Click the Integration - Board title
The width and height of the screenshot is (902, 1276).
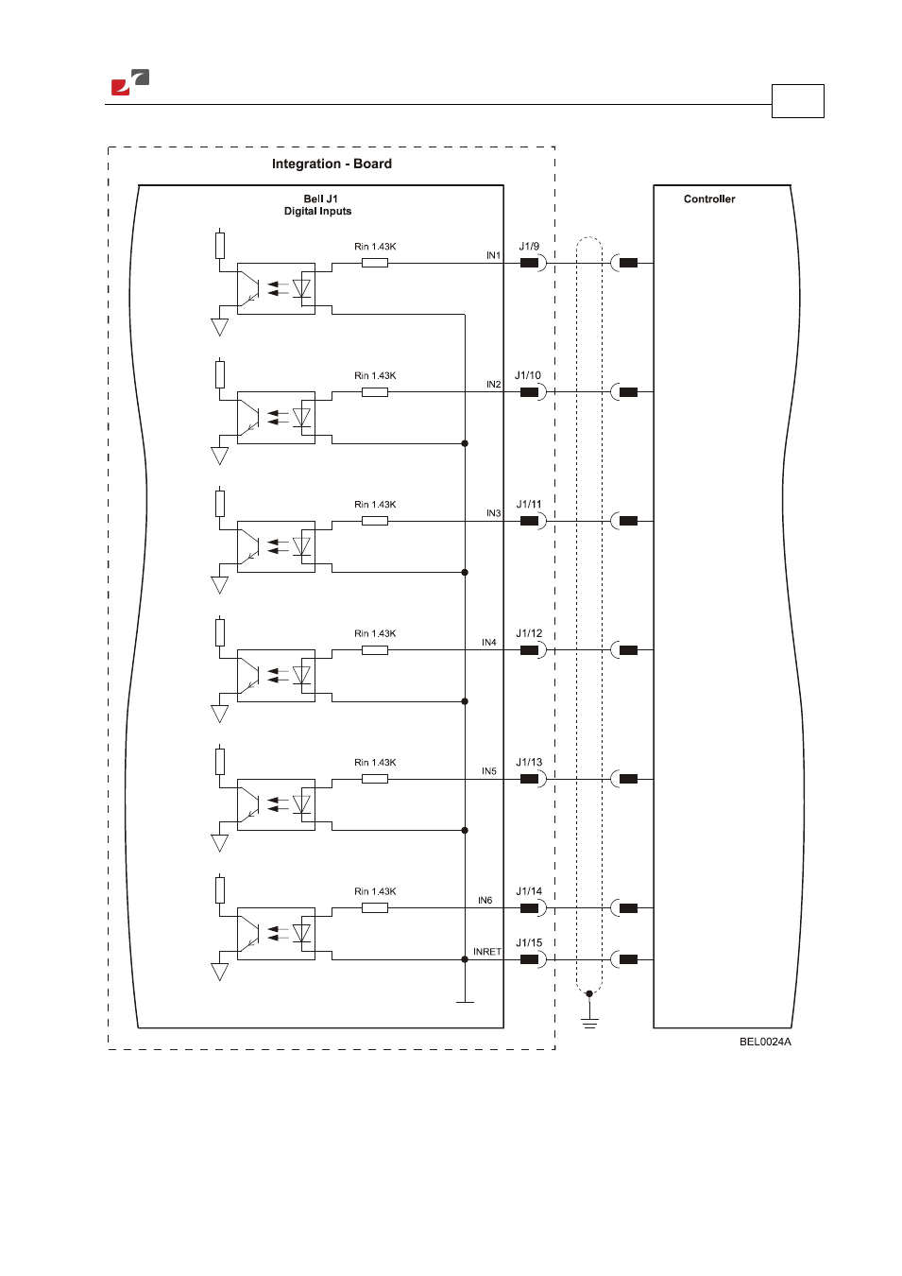click(332, 164)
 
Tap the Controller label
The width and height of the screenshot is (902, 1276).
click(709, 198)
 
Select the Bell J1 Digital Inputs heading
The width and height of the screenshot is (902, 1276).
click(318, 205)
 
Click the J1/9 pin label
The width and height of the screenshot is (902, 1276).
click(529, 246)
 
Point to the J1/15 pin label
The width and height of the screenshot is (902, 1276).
click(529, 942)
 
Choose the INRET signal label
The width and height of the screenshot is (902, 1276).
click(487, 952)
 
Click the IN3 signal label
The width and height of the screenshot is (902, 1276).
click(493, 513)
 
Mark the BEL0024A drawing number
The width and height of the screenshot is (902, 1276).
click(765, 1042)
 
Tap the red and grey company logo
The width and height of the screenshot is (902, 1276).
click(130, 82)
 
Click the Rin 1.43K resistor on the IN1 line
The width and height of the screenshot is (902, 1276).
click(375, 263)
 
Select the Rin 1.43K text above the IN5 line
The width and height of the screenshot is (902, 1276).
click(375, 762)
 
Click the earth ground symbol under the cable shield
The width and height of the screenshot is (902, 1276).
click(589, 1023)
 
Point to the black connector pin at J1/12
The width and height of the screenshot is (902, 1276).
click(529, 650)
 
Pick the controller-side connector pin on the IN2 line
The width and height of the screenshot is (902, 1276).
click(628, 392)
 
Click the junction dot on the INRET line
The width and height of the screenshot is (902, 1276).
click(465, 959)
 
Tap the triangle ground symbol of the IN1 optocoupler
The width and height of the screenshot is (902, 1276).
click(220, 327)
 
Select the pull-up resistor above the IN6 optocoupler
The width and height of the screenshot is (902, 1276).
click(220, 889)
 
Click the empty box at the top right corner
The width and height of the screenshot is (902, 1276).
click(798, 101)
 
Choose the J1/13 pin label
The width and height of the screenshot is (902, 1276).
click(529, 762)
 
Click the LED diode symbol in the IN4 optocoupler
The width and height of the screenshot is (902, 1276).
click(301, 676)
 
